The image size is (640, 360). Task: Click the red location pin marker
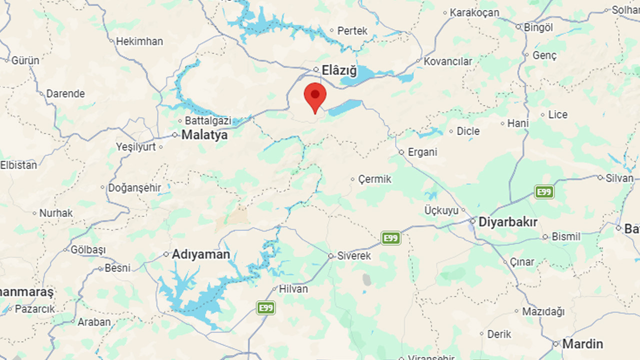point(315,96)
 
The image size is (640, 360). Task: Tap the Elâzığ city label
point(339,70)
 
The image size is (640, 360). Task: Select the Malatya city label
point(204,134)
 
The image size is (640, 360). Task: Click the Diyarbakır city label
point(508,222)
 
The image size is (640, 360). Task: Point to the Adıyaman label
point(201,254)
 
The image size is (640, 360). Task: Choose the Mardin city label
point(582,344)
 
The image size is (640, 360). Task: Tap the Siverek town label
point(354,256)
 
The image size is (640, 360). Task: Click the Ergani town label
point(422,152)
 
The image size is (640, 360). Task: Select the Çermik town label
point(374,179)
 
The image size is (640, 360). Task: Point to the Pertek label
point(352,31)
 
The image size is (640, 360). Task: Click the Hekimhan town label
point(139,41)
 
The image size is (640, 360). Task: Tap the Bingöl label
point(538,27)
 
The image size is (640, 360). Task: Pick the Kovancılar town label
point(448,61)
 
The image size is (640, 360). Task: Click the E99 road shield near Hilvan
point(266,307)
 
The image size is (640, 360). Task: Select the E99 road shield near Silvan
point(544,191)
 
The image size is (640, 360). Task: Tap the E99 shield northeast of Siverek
point(391,238)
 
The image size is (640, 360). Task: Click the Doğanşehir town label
point(134,188)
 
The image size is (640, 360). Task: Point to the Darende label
point(65,93)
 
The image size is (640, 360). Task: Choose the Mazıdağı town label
point(543,311)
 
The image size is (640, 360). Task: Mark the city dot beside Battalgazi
point(180,121)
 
